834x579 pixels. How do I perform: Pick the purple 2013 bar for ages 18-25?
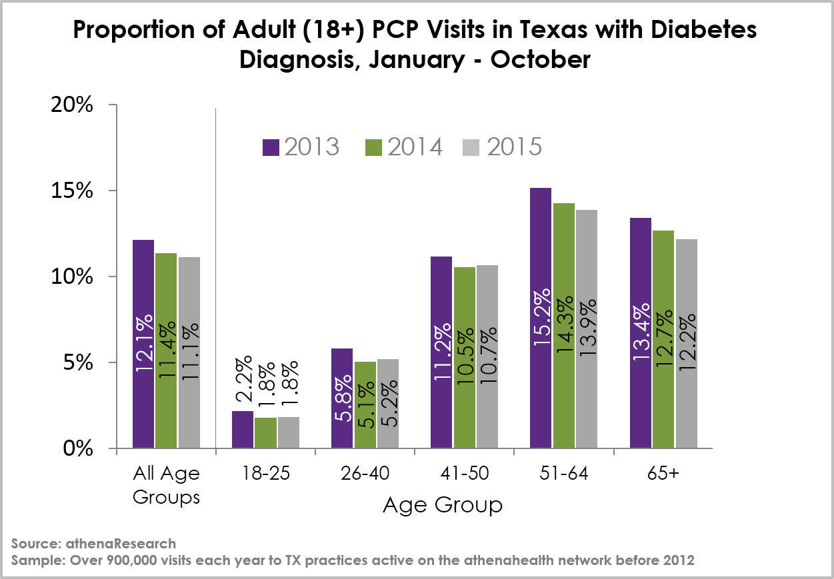(243, 430)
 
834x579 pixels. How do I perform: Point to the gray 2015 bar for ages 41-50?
(487, 356)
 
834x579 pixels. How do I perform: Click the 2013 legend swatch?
(271, 147)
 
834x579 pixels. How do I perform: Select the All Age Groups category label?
(166, 485)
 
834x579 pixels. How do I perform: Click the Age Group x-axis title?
(443, 506)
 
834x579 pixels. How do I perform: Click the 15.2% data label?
(541, 317)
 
